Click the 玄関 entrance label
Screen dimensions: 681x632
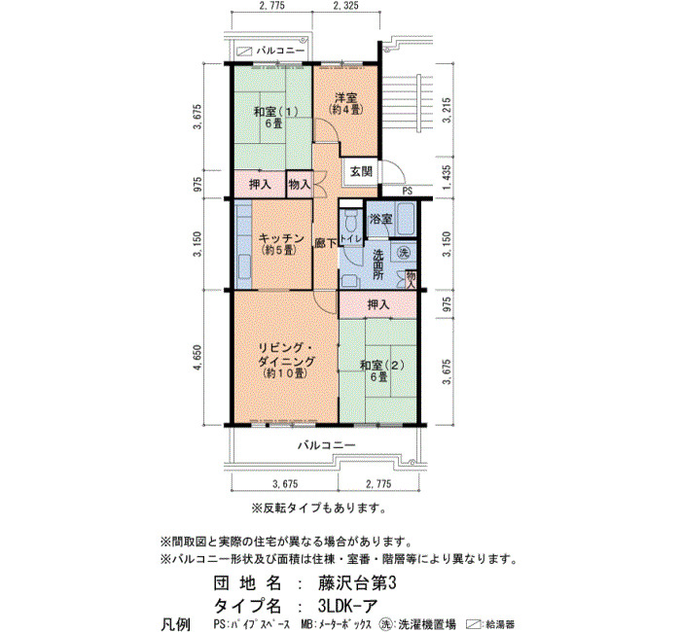[361, 172]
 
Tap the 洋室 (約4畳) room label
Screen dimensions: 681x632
[345, 103]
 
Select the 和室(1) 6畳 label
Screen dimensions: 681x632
[275, 118]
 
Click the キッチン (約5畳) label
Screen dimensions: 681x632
[280, 244]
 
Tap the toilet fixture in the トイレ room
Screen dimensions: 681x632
[349, 222]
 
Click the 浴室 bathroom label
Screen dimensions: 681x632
[381, 219]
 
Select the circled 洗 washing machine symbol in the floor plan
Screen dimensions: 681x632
[404, 254]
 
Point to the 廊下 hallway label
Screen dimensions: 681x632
[326, 243]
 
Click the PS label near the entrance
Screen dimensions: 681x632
[408, 191]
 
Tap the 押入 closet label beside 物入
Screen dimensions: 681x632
[260, 185]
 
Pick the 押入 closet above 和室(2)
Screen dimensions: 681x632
[378, 304]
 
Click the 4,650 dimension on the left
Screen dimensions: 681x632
[198, 357]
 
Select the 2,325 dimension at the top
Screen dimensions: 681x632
[345, 6]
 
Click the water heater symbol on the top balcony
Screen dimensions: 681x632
[244, 52]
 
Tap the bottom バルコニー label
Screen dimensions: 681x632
[326, 445]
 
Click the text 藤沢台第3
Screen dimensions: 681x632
[357, 583]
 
